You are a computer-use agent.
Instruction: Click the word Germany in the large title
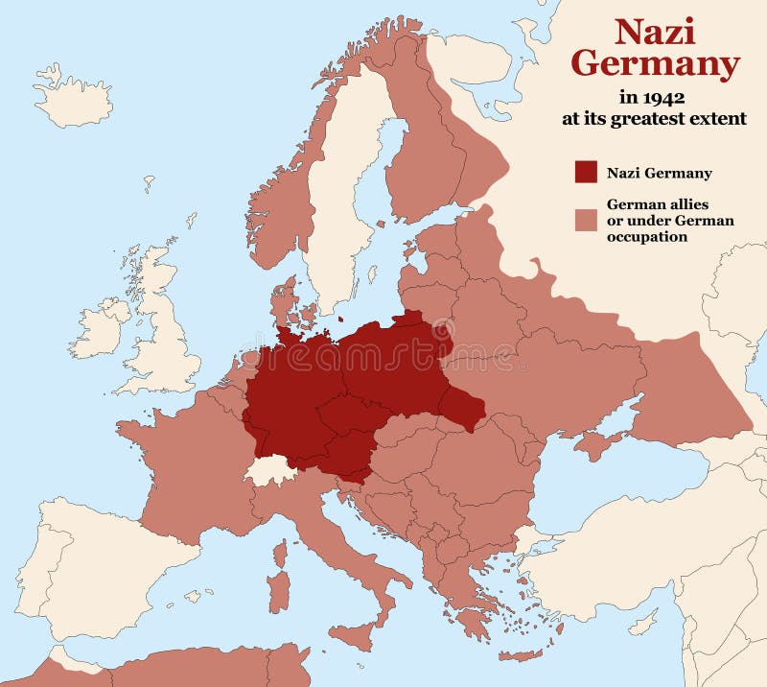pos(655,65)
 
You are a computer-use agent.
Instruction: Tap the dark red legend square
pos(586,173)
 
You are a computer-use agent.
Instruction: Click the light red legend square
pos(586,220)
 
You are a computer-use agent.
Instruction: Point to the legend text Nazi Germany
pos(659,174)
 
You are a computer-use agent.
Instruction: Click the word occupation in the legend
pos(646,236)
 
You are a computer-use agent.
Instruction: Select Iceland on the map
pos(73,96)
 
